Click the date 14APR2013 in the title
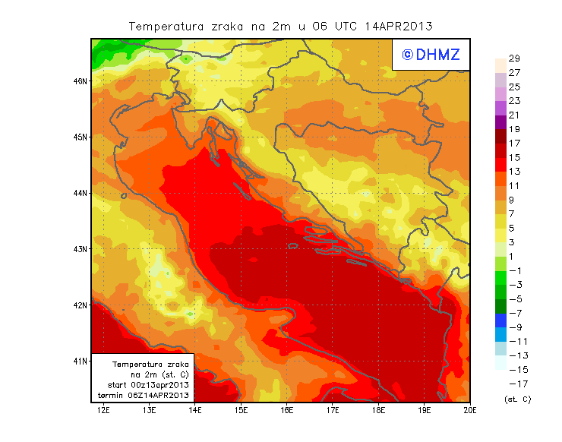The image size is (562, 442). [399, 27]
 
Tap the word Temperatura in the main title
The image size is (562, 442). [166, 27]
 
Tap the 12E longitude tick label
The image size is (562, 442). [103, 411]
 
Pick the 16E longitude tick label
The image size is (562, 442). [287, 411]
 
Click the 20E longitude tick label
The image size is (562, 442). [470, 411]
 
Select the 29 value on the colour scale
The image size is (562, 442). [513, 58]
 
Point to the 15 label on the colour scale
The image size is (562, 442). [513, 157]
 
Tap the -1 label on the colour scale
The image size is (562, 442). [515, 270]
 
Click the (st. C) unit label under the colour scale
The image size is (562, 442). [517, 399]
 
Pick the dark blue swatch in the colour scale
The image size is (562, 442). [500, 320]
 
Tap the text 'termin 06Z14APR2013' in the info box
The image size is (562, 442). [145, 396]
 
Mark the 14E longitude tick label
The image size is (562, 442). [195, 411]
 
